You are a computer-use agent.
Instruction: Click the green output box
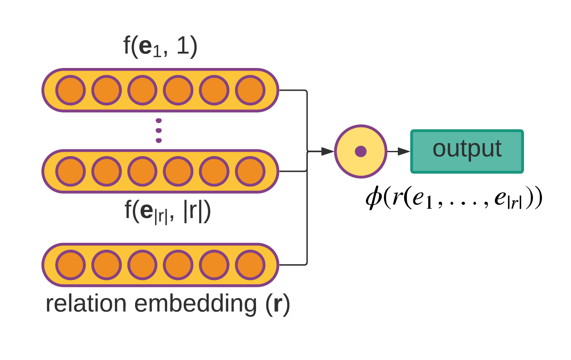pyautogui.click(x=467, y=151)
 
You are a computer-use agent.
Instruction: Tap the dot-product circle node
pyautogui.click(x=360, y=151)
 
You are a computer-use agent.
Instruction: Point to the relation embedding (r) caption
pyautogui.click(x=168, y=304)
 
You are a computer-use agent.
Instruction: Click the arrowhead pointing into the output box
pyautogui.click(x=403, y=151)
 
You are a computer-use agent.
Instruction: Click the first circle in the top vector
pyautogui.click(x=71, y=90)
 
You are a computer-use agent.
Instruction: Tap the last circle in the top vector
pyautogui.click(x=250, y=90)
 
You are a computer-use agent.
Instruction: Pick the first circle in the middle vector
pyautogui.click(x=71, y=171)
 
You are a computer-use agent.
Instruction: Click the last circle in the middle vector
pyautogui.click(x=250, y=171)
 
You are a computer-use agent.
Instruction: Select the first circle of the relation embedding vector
pyautogui.click(x=71, y=265)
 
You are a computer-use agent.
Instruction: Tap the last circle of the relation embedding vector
pyautogui.click(x=250, y=265)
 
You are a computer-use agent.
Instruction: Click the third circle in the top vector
pyautogui.click(x=142, y=90)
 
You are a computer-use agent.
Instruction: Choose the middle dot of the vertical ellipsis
pyautogui.click(x=159, y=130)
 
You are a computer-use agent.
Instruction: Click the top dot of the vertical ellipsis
pyautogui.click(x=159, y=121)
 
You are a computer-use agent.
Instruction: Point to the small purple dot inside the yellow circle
pyautogui.click(x=361, y=151)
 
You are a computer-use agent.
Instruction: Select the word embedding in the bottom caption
pyautogui.click(x=196, y=304)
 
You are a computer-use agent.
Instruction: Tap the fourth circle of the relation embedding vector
pyautogui.click(x=178, y=265)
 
